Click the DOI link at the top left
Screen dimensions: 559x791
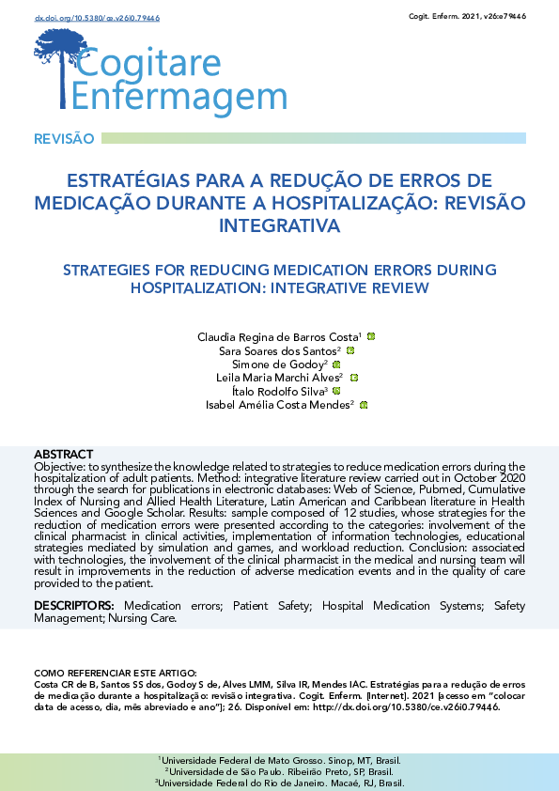tap(84, 18)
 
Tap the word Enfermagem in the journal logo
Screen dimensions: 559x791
tap(179, 98)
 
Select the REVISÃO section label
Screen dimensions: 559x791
tap(64, 139)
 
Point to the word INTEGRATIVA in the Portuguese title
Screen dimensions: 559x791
tap(278, 225)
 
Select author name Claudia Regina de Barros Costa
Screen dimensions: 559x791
tap(279, 336)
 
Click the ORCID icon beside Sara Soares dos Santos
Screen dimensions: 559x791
tap(350, 350)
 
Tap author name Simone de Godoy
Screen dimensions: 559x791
tap(279, 364)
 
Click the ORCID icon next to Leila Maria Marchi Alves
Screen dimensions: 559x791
tap(353, 377)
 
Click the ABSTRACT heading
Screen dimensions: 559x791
tap(63, 455)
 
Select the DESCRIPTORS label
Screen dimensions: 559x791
tap(74, 607)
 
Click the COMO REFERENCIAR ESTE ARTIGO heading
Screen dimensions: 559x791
tap(116, 674)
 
